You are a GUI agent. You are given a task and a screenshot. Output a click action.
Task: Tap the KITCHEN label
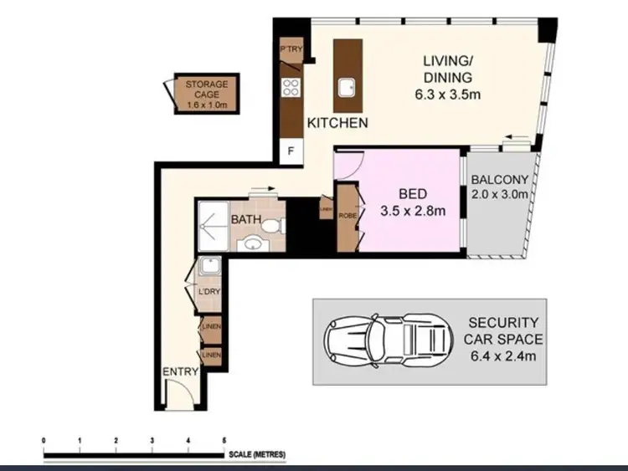[x=337, y=123]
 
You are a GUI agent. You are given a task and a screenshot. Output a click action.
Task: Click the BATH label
[x=247, y=221]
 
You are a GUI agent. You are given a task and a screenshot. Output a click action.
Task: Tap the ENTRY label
[x=180, y=372]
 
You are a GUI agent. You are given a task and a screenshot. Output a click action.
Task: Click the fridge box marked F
[x=291, y=151]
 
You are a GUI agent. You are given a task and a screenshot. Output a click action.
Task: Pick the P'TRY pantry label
[x=291, y=50]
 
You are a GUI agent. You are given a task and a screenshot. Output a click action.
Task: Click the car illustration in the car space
[x=386, y=340]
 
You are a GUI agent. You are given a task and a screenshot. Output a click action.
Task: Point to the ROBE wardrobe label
[x=347, y=216]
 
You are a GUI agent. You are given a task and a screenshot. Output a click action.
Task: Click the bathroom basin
[x=252, y=244]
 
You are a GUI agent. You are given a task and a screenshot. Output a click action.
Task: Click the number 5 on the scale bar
[x=224, y=439]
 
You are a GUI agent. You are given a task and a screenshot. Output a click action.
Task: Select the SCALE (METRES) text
[x=256, y=454]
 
